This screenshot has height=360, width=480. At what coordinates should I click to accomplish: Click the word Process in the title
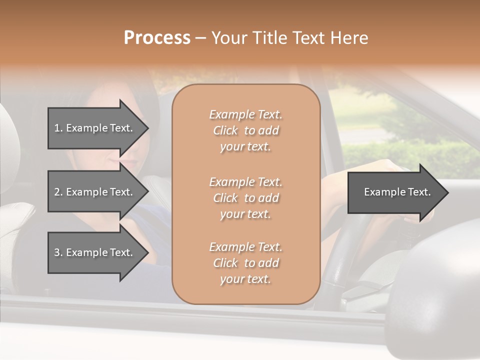tap(157, 38)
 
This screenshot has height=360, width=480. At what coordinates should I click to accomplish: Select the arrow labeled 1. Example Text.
tap(95, 128)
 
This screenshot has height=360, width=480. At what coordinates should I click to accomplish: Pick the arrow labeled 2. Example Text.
tap(95, 192)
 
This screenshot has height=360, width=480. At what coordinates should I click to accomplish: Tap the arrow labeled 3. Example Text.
tap(95, 252)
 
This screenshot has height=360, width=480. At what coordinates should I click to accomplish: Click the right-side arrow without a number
tap(395, 192)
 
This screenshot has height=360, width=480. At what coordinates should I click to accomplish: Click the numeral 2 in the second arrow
tap(57, 192)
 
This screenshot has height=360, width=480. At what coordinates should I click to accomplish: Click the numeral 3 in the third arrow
tap(57, 252)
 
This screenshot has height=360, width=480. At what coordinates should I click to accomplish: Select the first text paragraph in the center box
tap(245, 130)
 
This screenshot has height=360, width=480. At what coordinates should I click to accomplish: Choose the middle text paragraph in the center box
tap(245, 198)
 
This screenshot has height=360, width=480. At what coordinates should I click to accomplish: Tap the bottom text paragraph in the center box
tap(245, 263)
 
